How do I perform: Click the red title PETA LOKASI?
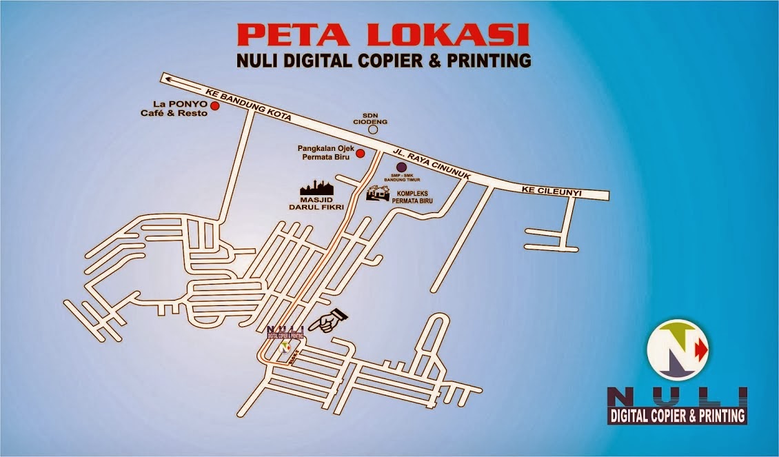click(x=383, y=34)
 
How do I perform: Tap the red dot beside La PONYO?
click(x=214, y=106)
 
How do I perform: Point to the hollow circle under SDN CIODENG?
click(x=374, y=128)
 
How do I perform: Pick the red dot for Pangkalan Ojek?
click(x=360, y=152)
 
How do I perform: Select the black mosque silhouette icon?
click(x=316, y=188)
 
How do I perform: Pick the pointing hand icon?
click(x=328, y=321)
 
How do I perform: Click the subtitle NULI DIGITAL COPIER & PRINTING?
click(x=383, y=61)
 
